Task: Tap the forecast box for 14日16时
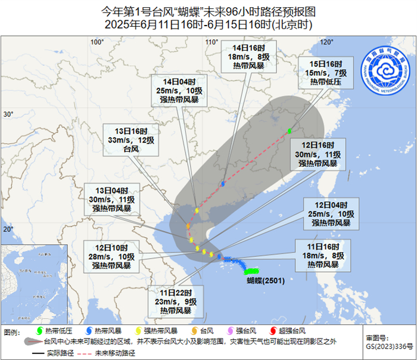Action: point(245,56)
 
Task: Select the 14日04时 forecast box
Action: point(182,90)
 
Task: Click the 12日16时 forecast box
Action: point(318,154)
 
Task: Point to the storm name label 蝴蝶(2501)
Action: point(266,280)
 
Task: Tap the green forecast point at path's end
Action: point(290,131)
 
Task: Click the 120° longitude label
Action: point(325,42)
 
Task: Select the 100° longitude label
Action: point(97,42)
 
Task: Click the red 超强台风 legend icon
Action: point(273,331)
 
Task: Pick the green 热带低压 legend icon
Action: point(40,331)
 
